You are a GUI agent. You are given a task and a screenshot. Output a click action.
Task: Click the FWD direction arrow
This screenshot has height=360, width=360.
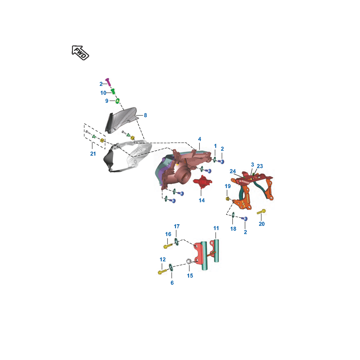coord(80,53)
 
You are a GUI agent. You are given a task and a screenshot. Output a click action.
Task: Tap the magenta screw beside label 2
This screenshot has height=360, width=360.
coord(108,82)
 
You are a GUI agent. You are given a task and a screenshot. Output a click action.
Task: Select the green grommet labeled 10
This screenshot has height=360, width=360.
coord(113,91)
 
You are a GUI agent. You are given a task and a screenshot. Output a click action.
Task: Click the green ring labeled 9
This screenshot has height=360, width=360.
coord(118,101)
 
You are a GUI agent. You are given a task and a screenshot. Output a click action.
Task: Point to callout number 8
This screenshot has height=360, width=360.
coord(145,115)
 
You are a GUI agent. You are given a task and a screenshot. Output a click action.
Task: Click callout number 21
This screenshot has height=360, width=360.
coord(93,154)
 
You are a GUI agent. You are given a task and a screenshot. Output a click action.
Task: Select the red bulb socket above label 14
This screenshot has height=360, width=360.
coord(202,182)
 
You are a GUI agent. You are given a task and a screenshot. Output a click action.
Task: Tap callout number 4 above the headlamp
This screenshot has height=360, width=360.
coord(200,139)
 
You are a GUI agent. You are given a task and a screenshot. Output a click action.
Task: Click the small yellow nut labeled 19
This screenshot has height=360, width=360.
coord(228,199)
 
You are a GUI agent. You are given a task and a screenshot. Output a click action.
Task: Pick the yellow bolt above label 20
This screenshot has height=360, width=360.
coord(261,212)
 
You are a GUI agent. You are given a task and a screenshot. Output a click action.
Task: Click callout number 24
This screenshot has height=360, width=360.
coord(233,171)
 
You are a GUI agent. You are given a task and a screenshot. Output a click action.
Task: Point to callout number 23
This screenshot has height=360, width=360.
coord(260,166)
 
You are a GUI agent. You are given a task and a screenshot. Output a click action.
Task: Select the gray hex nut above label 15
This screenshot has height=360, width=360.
coord(189,261)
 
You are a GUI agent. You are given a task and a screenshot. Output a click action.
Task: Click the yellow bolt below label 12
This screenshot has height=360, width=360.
coord(163,272)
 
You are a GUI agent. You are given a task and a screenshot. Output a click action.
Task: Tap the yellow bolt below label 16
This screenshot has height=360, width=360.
coord(168,246)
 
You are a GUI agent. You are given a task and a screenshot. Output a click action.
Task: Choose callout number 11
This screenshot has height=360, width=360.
coord(216,228)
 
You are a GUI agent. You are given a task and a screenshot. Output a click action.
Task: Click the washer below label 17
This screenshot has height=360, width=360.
coord(176,242)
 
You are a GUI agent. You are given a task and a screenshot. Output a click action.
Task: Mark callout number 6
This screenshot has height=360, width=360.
coord(172,283)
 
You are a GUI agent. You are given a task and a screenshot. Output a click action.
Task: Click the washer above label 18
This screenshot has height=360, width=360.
coord(233,215)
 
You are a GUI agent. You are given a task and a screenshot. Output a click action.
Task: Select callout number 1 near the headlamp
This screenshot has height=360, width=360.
coord(215,146)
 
